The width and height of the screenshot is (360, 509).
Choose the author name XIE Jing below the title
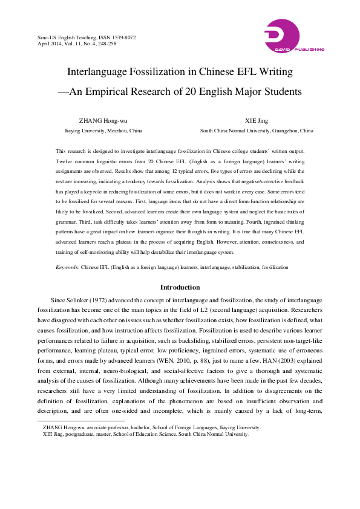pyautogui.click(x=257, y=120)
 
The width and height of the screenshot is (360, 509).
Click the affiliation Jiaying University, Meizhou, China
pyautogui.click(x=103, y=130)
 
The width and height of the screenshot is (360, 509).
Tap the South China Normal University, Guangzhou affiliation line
pyautogui.click(x=257, y=130)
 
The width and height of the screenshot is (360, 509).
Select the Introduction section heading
pyautogui.click(x=180, y=287)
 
